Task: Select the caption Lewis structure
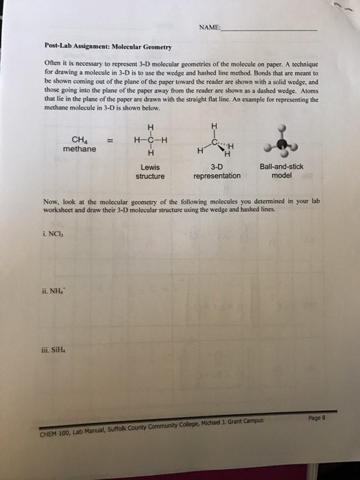[149, 171]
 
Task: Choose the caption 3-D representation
[217, 171]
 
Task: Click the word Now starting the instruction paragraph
[51, 201]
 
